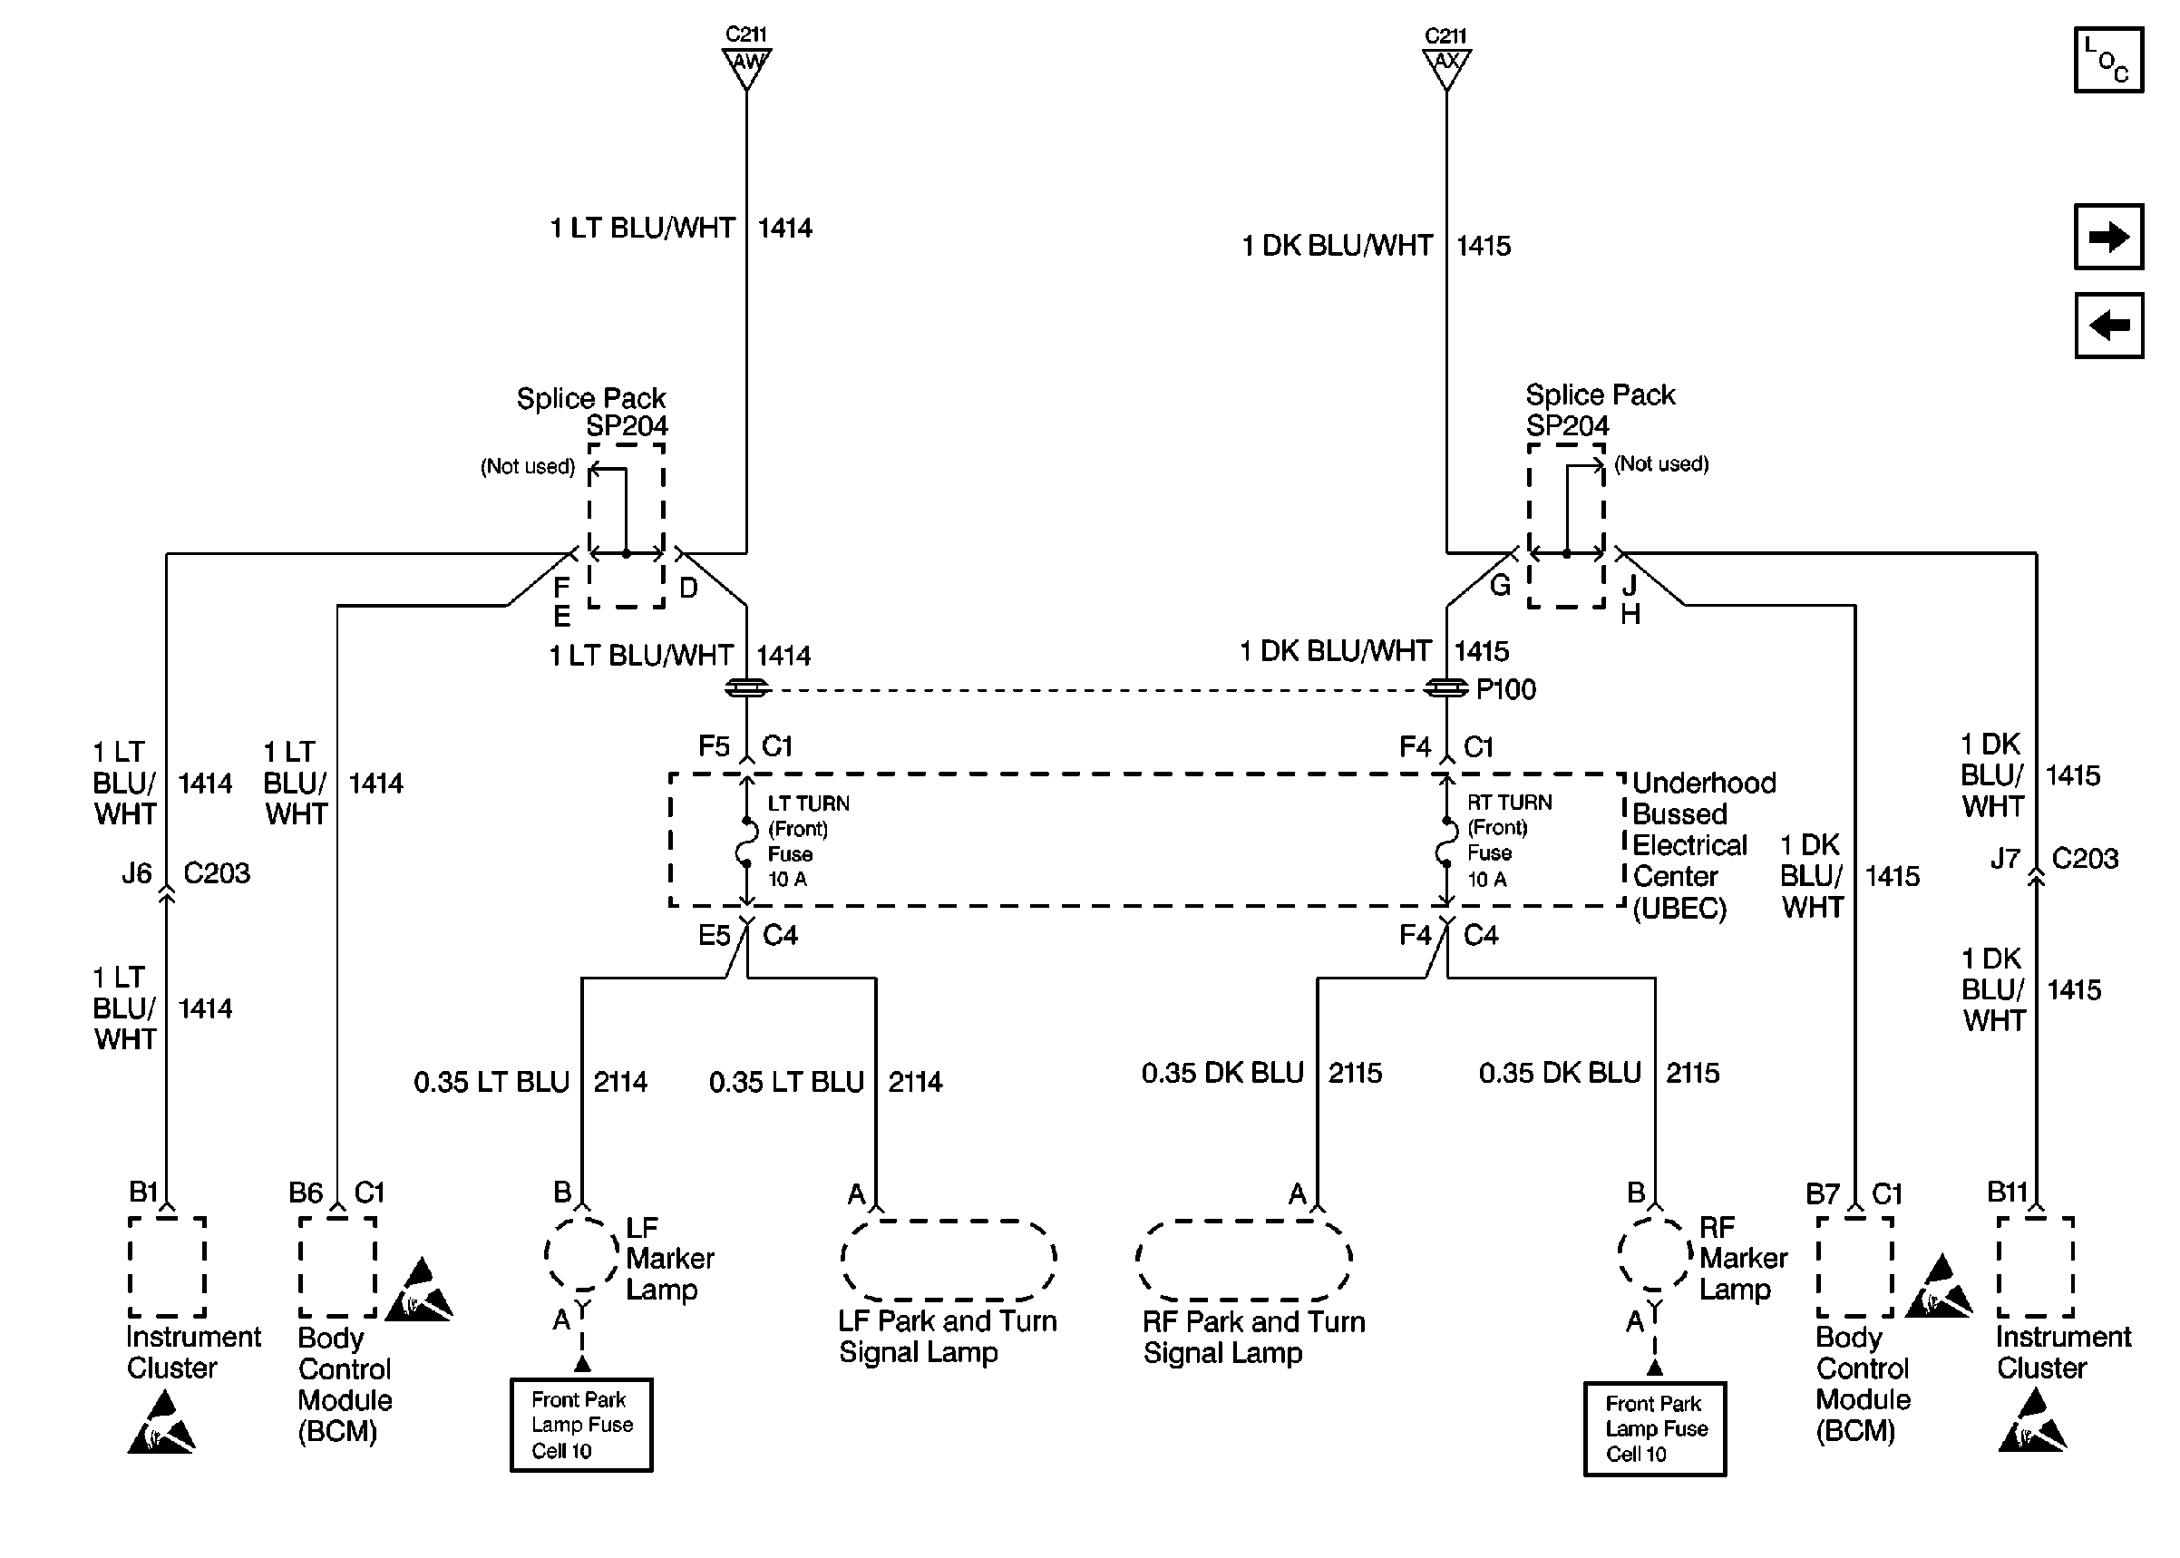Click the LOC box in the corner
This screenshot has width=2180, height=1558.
tap(2108, 60)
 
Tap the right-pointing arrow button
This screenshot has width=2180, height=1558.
tap(2108, 236)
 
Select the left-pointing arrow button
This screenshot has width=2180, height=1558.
tap(2108, 326)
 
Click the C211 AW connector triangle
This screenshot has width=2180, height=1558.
tap(746, 67)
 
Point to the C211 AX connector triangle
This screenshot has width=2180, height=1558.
tap(1445, 67)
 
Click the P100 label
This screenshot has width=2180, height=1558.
tap(1505, 689)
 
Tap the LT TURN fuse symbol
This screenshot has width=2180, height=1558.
tap(745, 842)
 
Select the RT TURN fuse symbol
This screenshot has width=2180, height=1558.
tap(1445, 842)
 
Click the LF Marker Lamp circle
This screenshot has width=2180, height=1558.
tap(582, 1255)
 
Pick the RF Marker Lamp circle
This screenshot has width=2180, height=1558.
tap(1654, 1255)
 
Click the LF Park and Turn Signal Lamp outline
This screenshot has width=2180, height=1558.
tap(949, 1260)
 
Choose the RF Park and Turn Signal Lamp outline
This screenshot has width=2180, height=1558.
tap(1244, 1260)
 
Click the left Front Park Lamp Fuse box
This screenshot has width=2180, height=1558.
tap(581, 1425)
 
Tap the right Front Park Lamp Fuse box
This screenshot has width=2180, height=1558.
tap(1654, 1428)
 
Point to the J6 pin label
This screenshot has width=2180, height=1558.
tap(136, 873)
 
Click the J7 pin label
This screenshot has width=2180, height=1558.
tap(2004, 858)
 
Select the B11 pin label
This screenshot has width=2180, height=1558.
tap(2007, 1193)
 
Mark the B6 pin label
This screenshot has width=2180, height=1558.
tap(306, 1193)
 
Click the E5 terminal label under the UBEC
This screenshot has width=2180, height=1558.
tap(714, 935)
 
